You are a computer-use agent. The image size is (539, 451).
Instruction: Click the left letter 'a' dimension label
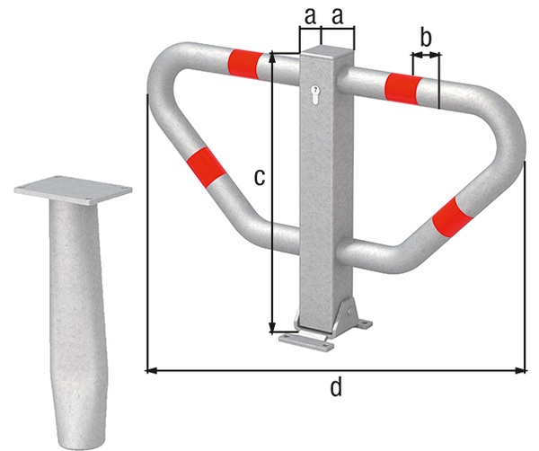click(x=310, y=15)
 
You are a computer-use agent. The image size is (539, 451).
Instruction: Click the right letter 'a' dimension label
click(x=340, y=15)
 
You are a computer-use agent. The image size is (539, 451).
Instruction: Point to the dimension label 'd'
click(x=335, y=388)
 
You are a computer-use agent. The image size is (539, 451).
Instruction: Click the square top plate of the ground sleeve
click(x=74, y=189)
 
